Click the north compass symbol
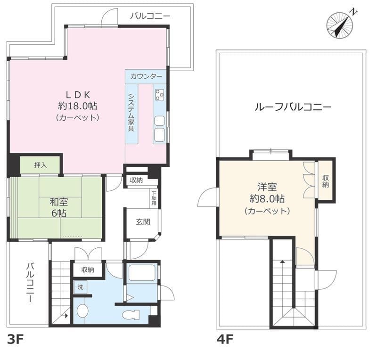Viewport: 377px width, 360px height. click(340, 25)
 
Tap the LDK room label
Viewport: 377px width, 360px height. click(78, 106)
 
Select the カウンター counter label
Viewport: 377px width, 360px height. click(146, 76)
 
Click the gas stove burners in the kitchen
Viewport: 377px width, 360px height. click(159, 95)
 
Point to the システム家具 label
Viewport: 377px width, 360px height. click(131, 112)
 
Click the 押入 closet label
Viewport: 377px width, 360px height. click(40, 165)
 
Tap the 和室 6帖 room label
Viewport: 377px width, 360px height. click(58, 207)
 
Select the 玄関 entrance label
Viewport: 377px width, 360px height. click(143, 222)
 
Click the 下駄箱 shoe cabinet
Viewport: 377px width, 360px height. click(154, 199)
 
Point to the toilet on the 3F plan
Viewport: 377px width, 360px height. click(131, 315)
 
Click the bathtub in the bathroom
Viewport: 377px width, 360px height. click(142, 272)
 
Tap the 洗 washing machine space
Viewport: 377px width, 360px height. click(80, 287)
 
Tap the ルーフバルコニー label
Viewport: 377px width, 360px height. click(293, 107)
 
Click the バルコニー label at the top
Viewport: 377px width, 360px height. click(150, 16)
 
